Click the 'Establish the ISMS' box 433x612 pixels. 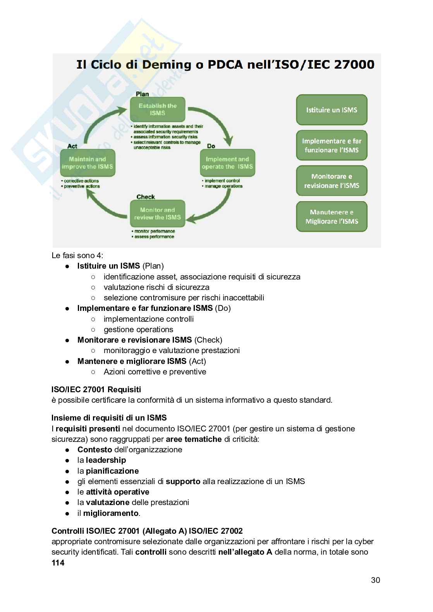158,109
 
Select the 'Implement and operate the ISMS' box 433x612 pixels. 227,163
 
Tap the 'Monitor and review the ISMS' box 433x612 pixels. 158,214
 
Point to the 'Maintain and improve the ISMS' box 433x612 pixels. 87,163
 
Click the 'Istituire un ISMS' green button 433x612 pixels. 332,110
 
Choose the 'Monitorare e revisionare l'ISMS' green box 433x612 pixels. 332,181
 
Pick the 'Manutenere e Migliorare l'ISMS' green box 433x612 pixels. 332,217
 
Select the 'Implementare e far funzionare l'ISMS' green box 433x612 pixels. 332,145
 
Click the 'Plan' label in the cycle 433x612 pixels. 142,94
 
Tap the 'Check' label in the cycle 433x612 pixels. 145,197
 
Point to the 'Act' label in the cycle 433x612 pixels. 72,146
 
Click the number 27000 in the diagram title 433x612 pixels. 354,64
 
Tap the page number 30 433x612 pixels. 375,580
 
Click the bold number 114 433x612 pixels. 58,563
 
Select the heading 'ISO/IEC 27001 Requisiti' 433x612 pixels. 96,389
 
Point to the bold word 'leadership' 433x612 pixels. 106,460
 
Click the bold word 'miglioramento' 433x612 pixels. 111,513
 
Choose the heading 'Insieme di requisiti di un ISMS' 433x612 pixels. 109,418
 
